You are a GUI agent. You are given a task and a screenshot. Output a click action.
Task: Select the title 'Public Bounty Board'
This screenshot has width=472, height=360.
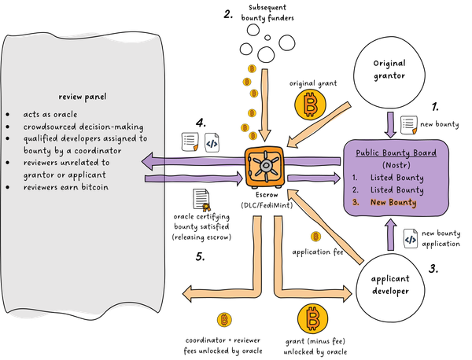(396, 153)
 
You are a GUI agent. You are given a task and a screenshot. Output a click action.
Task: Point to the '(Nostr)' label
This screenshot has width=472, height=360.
(396, 166)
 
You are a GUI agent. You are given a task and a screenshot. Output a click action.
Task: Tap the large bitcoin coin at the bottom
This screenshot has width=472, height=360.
(313, 320)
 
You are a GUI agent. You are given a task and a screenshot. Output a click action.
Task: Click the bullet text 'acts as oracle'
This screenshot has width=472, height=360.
(49, 115)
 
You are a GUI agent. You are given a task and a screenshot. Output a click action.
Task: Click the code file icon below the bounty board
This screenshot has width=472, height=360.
(410, 239)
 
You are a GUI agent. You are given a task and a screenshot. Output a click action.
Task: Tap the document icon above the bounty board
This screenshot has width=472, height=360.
(408, 123)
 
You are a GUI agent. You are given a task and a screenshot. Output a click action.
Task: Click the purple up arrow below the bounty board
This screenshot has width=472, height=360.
(390, 235)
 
